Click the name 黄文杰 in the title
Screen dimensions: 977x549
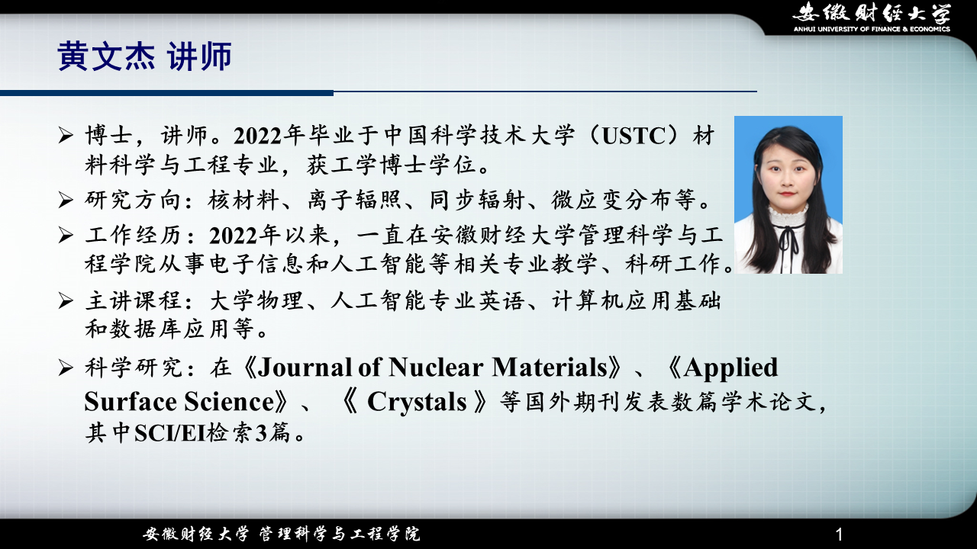[x=106, y=56]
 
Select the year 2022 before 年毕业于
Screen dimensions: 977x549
[x=257, y=136]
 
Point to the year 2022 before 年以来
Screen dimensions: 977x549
[x=233, y=236]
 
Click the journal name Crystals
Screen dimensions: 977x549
[x=417, y=401]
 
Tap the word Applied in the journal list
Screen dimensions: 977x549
[x=730, y=368]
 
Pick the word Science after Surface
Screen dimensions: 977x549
[x=229, y=401]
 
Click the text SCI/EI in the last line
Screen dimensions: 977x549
[x=169, y=433]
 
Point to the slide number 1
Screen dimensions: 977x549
[x=839, y=535]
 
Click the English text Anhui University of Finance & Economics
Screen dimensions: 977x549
[x=872, y=29]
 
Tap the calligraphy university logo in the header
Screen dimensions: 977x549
[x=872, y=12]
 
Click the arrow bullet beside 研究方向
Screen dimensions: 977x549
[x=66, y=200]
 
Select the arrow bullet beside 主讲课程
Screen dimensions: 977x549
[x=66, y=300]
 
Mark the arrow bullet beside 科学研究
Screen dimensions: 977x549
[x=66, y=368]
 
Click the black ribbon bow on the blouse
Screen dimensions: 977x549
[x=789, y=237]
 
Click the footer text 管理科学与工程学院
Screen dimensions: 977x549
[x=340, y=534]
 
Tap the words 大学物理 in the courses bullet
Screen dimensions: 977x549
[x=256, y=300]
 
